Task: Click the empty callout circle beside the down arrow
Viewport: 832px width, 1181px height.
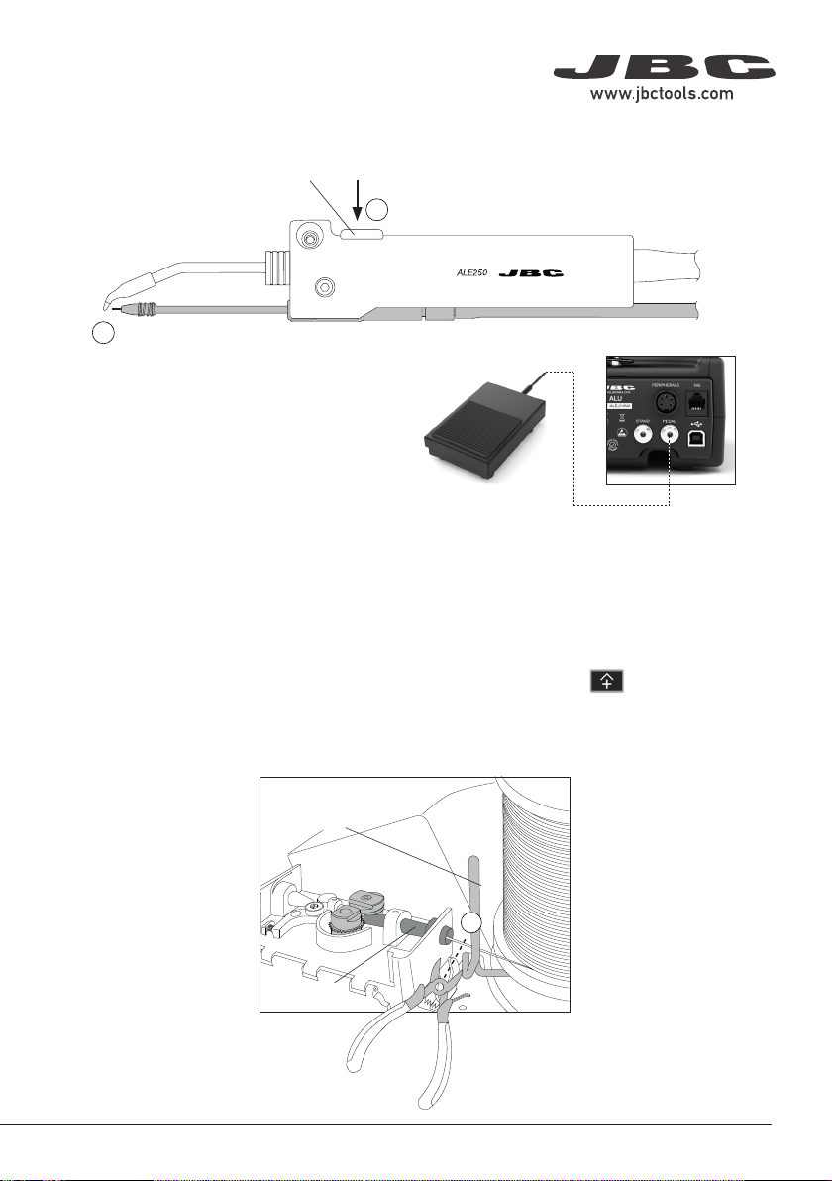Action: pyautogui.click(x=378, y=208)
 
